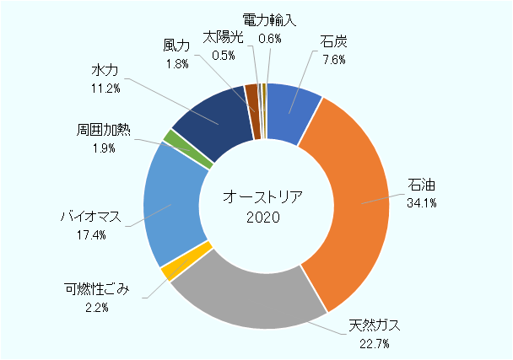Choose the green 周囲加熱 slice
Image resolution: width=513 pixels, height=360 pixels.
coord(170,137)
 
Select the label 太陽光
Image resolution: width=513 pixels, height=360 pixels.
coord(222,37)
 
